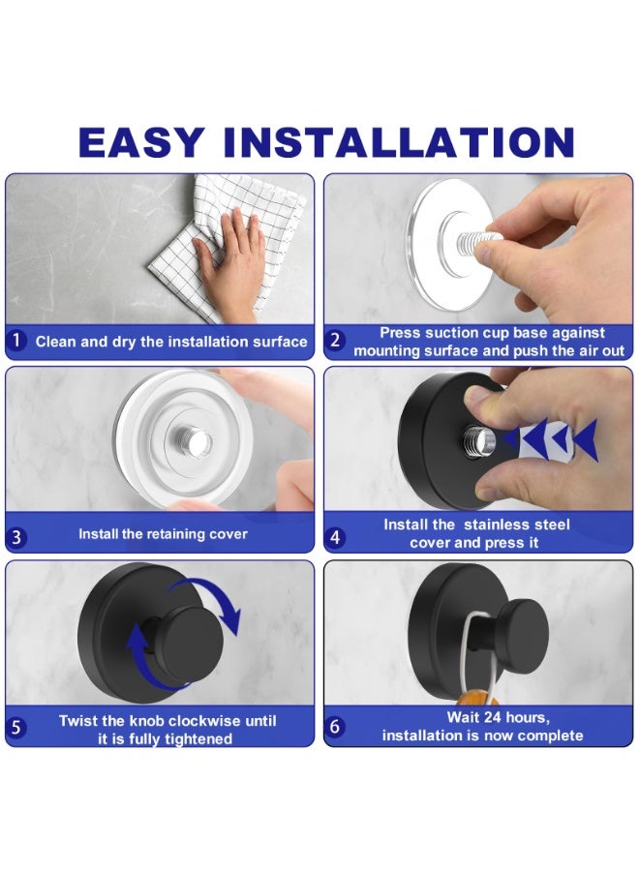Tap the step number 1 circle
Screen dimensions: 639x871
click(x=16, y=340)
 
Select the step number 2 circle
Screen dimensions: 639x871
click(x=334, y=340)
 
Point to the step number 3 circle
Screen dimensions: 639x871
click(x=16, y=536)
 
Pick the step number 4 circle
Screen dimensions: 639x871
click(x=334, y=537)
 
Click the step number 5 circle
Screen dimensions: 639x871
click(x=16, y=727)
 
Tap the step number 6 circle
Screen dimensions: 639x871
click(x=334, y=726)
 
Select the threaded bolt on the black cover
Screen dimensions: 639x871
click(x=479, y=441)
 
